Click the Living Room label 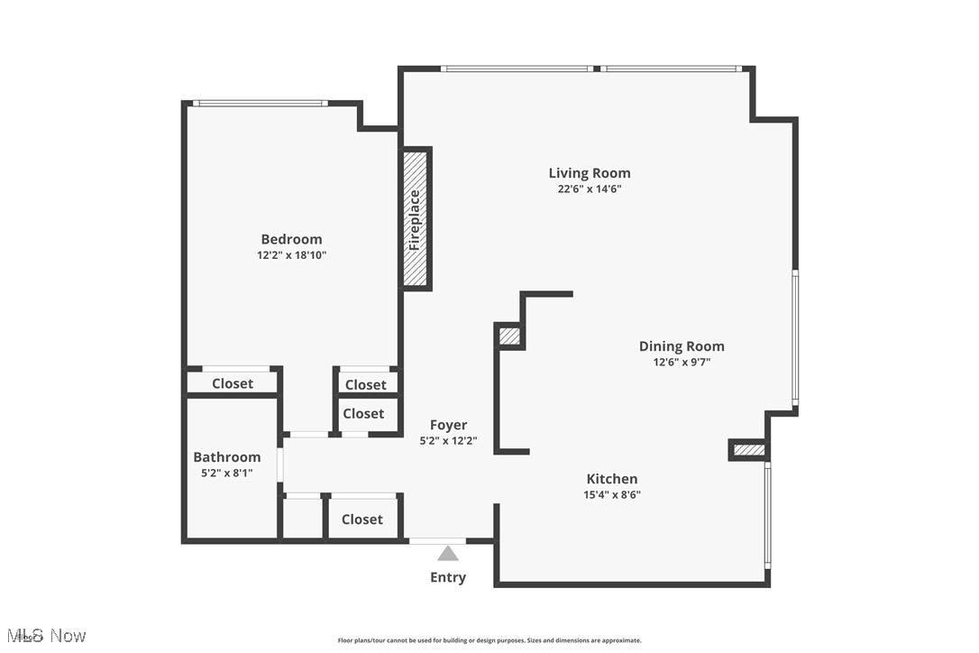point(590,173)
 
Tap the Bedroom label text point(291,239)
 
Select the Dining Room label point(682,346)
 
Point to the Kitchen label point(612,479)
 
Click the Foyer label point(448,425)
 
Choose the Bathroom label point(227,457)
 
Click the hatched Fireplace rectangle point(415,218)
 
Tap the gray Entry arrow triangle point(448,553)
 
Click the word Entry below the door point(448,577)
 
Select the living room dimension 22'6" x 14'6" point(590,189)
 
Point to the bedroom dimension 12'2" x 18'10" point(291,255)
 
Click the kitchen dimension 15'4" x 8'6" point(612,494)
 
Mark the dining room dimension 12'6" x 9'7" point(682,363)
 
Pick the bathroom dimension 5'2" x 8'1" point(227,473)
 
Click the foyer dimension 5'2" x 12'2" point(448,441)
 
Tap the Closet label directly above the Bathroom point(233,383)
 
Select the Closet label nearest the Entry point(362,520)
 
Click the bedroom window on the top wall point(261,104)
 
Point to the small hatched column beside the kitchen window point(748,450)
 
